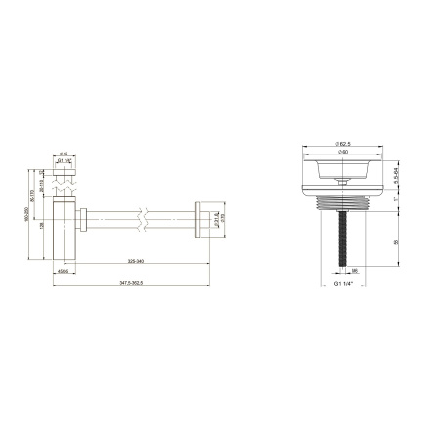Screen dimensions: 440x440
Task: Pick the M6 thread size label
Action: (356, 271)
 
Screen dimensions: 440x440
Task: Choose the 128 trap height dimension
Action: (40, 225)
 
